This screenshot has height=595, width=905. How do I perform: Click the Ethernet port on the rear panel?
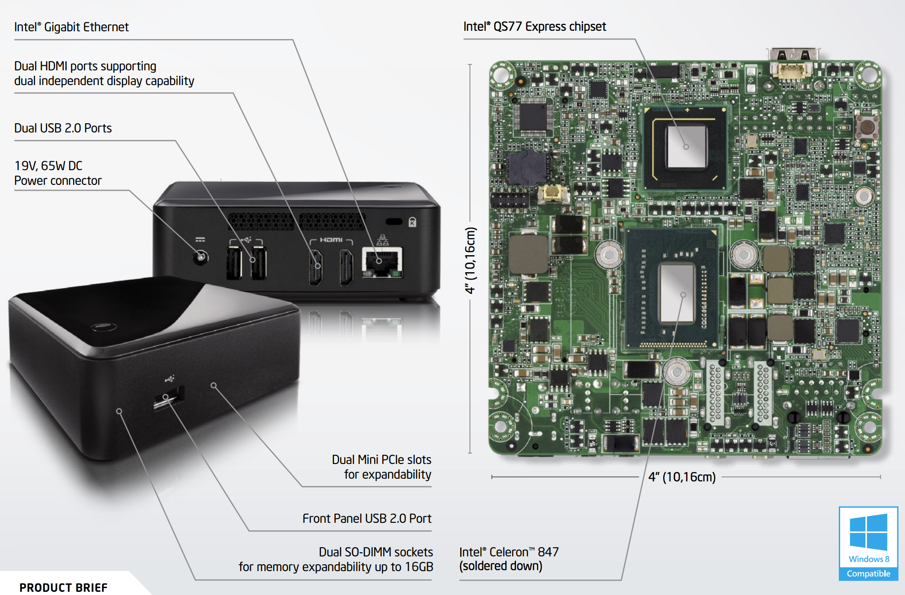coord(382,262)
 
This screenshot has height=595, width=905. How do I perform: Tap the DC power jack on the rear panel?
coord(200,257)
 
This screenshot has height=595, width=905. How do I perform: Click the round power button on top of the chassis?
coord(103,327)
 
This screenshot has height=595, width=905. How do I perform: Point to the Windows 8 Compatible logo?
coord(868,544)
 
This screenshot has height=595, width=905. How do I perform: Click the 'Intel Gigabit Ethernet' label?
coord(71,27)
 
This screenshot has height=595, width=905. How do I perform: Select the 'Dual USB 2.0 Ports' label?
coord(63,128)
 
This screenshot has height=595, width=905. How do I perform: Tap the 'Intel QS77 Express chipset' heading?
coord(534,27)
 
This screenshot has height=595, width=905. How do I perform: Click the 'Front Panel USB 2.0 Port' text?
coord(367,518)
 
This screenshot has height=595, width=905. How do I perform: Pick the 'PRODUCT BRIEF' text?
coord(63,588)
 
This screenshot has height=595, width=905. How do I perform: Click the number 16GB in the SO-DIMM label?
coord(419,567)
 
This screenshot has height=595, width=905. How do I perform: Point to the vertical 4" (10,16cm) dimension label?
coord(470,260)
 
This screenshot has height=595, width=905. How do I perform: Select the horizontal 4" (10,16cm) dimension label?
coord(682,477)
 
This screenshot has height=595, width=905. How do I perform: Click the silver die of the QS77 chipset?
coord(686,147)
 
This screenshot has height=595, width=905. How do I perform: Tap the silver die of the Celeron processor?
coord(677,293)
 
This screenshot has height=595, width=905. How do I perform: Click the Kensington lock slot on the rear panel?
coord(394,222)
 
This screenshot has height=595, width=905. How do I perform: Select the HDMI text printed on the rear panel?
coord(331,240)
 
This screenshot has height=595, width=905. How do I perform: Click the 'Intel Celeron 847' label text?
coord(509,552)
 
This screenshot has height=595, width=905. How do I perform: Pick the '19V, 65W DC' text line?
coord(48,166)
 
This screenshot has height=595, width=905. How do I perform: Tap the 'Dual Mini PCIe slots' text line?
coord(382,459)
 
